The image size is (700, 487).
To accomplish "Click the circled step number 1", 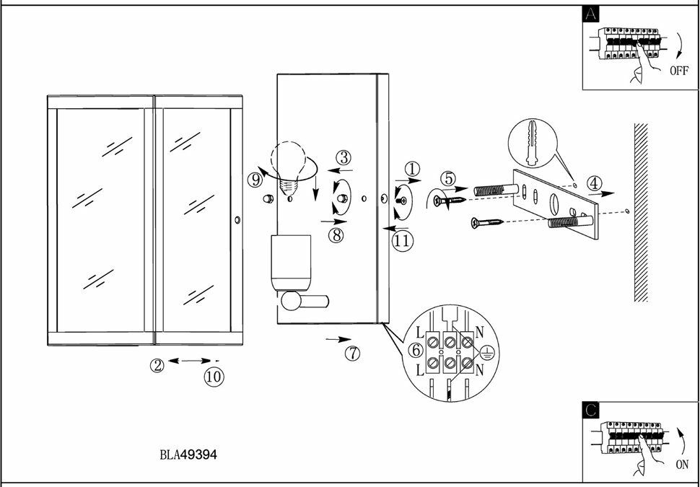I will coord(411,169).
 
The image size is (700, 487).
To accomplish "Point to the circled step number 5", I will coord(449,177).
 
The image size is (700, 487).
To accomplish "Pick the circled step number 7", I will coord(352,353).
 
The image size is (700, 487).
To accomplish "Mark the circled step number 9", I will coord(255,180).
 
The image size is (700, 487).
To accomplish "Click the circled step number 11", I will coord(402,241).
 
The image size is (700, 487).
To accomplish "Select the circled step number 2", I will coord(157,365).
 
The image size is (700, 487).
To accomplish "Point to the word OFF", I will coord(679,71).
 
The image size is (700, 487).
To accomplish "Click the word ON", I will coord(682,465).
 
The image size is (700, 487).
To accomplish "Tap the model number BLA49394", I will coord(188,455).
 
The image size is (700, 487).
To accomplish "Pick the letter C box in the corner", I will coord(591,410).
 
